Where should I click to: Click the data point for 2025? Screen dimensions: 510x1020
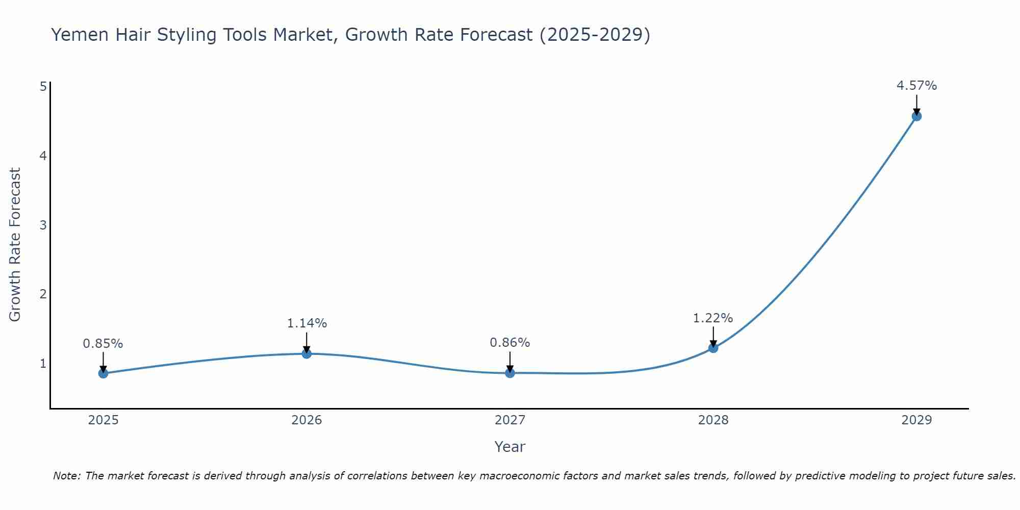pos(103,373)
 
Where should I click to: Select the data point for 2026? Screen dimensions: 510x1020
pos(307,353)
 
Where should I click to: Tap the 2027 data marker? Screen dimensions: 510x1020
pos(510,373)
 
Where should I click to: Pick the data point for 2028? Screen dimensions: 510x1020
pos(713,348)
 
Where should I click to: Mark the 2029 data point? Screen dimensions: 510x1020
pos(916,116)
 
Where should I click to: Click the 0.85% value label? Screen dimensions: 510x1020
pos(103,344)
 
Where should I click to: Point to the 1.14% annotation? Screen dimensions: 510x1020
pos(307,323)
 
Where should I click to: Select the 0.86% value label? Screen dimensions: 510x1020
pos(510,343)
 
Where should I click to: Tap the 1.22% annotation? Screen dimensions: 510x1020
pos(713,318)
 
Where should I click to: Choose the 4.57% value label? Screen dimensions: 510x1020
pos(916,86)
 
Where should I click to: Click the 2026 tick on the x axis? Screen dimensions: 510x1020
pos(307,420)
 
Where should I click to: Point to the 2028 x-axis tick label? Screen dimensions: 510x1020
pos(713,420)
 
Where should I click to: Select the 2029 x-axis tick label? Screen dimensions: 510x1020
pos(916,420)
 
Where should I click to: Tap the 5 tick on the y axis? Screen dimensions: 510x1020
pos(43,86)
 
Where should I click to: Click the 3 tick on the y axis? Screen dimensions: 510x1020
pos(43,225)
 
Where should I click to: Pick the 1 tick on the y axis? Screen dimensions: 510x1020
pos(43,364)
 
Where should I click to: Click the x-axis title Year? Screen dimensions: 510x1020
pos(510,447)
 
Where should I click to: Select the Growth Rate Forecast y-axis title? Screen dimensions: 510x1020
pos(15,245)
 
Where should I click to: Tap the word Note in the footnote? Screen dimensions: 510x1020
pos(66,476)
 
